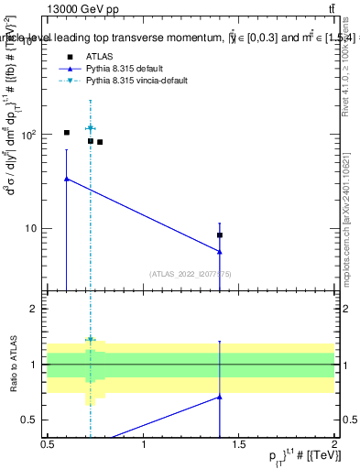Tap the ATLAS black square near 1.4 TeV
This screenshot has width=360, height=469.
220,235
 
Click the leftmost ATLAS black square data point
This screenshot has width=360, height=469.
67,133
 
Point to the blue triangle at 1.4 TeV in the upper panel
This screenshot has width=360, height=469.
220,252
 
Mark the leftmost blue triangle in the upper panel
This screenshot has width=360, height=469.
67,179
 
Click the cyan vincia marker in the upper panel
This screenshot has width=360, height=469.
90,128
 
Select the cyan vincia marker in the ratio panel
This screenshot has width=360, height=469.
90,340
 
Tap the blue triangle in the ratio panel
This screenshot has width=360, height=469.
220,397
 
